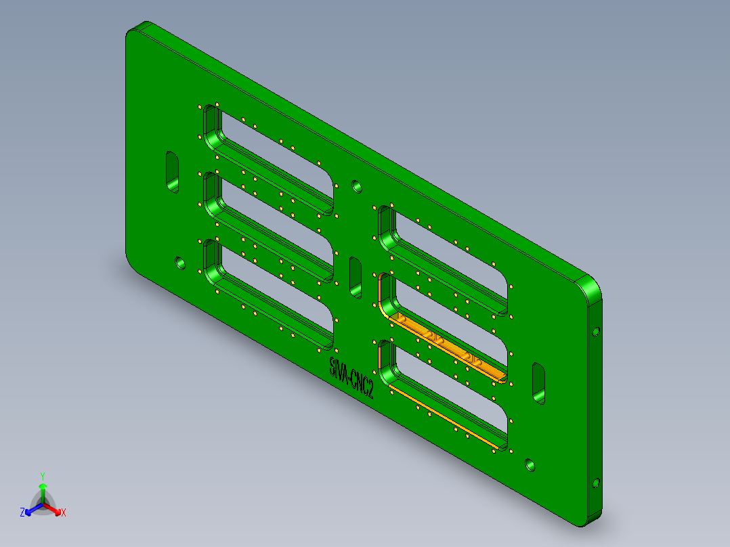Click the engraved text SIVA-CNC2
[x=351, y=378]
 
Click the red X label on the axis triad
[x=64, y=513]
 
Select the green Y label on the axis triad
[x=42, y=476]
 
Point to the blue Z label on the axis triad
[x=22, y=512]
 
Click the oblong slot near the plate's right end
[x=539, y=383]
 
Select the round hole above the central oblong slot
[x=356, y=185]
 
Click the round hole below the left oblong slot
[x=180, y=262]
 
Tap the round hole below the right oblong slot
[x=530, y=465]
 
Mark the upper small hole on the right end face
[x=596, y=332]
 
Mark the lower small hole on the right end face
[x=596, y=483]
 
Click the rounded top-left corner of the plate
[x=135, y=30]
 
